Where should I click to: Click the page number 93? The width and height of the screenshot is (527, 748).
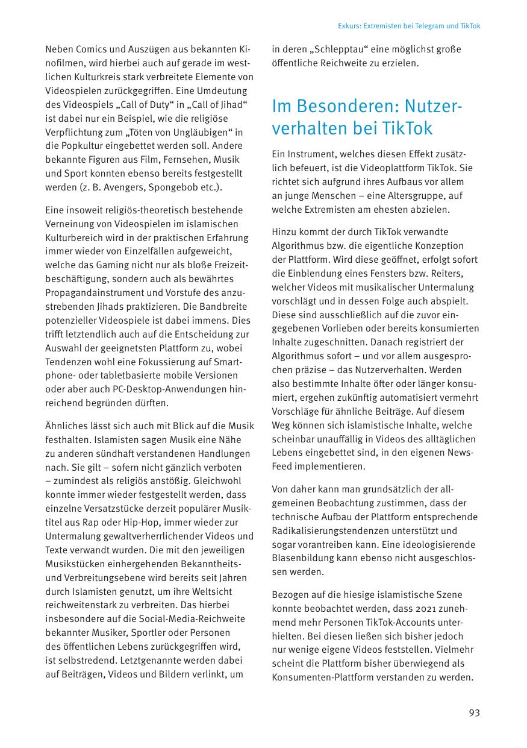click(x=474, y=713)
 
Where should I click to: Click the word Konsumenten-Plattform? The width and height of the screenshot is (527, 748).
click(x=328, y=677)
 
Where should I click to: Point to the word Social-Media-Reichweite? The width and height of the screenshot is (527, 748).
click(x=191, y=619)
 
